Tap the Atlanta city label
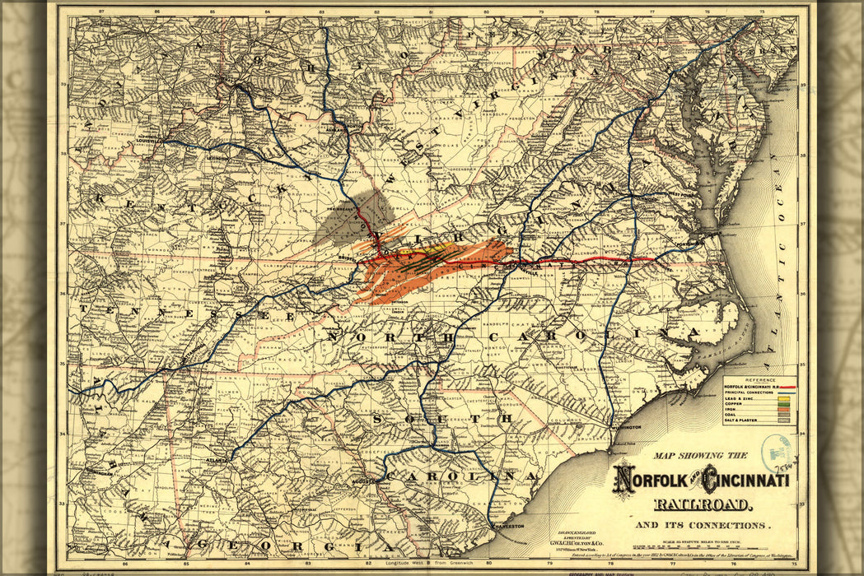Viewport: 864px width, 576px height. click(x=217, y=460)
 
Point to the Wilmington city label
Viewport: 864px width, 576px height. click(x=628, y=427)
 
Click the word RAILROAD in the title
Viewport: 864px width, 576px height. click(x=702, y=504)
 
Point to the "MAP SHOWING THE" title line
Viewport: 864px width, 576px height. click(x=700, y=455)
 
